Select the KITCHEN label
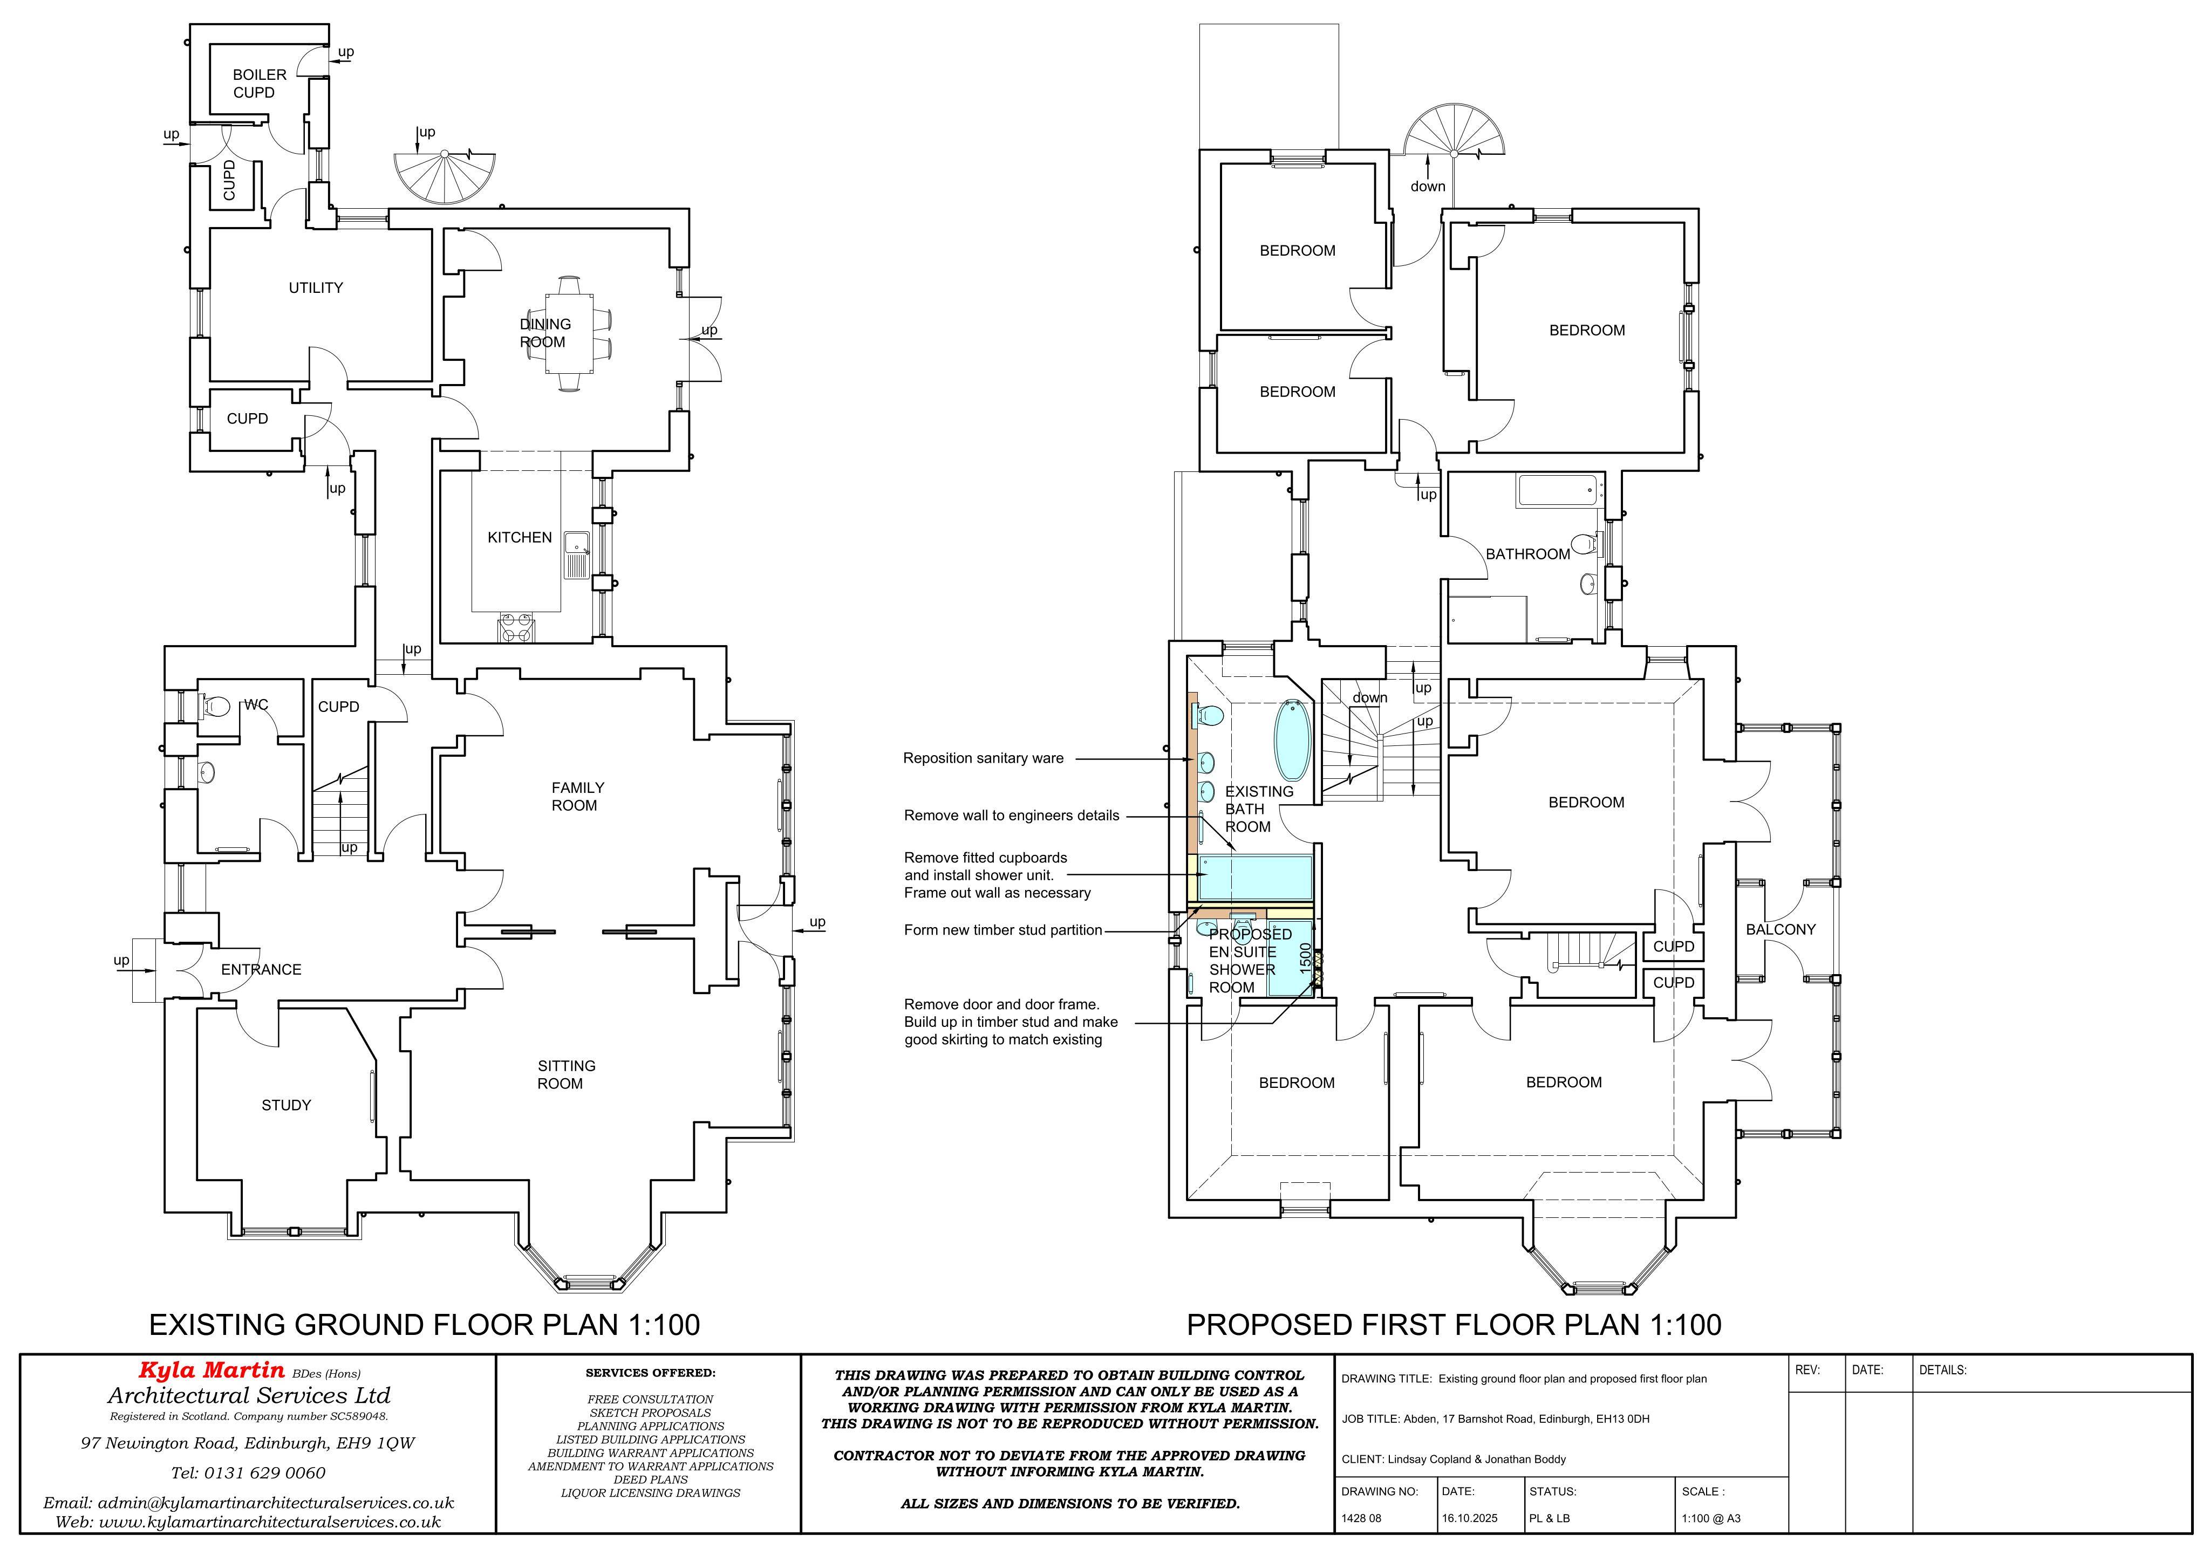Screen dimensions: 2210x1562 [520, 537]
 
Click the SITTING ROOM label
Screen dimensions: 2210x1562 [566, 1074]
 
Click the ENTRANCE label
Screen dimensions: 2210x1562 [261, 969]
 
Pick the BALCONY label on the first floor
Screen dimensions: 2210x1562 [1781, 929]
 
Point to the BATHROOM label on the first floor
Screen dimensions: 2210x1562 [1527, 553]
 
